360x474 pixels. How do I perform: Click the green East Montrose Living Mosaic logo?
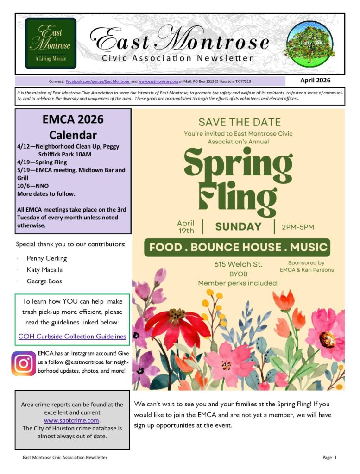click(x=51, y=43)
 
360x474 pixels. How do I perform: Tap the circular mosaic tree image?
click(x=310, y=44)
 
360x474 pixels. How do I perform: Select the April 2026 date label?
click(x=315, y=80)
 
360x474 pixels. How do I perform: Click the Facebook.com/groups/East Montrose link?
click(x=98, y=81)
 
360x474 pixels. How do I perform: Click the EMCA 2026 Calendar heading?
click(x=73, y=127)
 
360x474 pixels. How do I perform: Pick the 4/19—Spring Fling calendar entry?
click(x=42, y=162)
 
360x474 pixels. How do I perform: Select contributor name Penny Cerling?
click(x=47, y=258)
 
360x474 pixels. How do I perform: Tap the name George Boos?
click(x=44, y=281)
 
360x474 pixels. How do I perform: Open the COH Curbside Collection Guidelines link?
click(x=72, y=337)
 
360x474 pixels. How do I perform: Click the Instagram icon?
click(x=24, y=364)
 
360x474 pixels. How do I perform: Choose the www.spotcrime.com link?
click(x=72, y=420)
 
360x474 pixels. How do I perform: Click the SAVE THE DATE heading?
click(x=239, y=122)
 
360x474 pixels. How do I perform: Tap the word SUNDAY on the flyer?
click(x=238, y=227)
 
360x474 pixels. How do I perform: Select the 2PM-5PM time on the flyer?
click(x=298, y=227)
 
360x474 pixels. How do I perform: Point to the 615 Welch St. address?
click(x=238, y=264)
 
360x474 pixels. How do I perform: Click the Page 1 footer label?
click(x=329, y=457)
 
